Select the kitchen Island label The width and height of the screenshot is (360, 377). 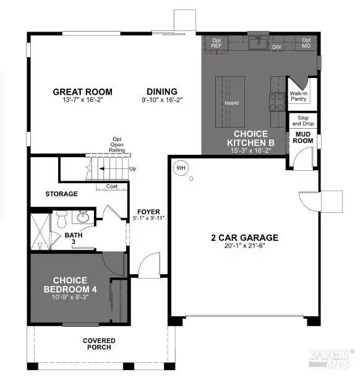coord(231,103)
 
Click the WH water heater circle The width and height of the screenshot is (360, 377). coord(181,167)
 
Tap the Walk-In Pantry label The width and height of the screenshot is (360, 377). coord(299,96)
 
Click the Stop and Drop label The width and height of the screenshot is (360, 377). coord(303,120)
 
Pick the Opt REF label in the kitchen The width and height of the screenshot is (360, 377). coord(216,43)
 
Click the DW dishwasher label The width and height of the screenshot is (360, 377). coord(277,46)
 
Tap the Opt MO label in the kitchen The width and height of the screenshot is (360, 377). coord(306,43)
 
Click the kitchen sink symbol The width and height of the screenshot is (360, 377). coord(257,43)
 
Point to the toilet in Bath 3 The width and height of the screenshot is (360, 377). coord(61,220)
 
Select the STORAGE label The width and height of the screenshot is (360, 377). coord(61,194)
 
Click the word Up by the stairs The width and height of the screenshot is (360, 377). coord(133,168)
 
